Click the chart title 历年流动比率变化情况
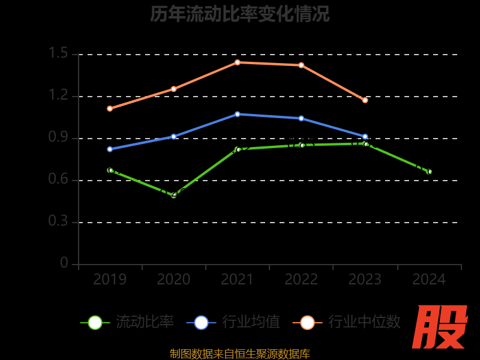(240, 14)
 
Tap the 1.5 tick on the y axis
(59, 54)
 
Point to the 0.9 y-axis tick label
(59, 138)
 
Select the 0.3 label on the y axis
(59, 222)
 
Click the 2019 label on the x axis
(110, 280)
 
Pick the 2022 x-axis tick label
(301, 280)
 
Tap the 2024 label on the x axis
(429, 280)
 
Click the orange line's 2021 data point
(238, 62)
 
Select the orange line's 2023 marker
(365, 100)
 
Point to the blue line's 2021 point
(238, 114)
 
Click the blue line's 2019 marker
(110, 149)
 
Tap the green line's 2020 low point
(174, 195)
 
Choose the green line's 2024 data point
(429, 172)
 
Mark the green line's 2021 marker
(238, 149)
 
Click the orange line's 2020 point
(174, 89)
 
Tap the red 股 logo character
(441, 327)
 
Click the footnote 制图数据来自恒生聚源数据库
(240, 354)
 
